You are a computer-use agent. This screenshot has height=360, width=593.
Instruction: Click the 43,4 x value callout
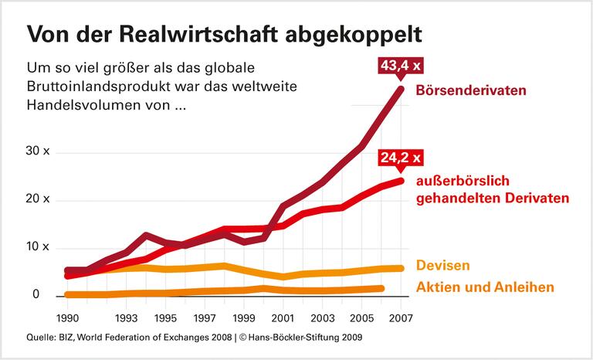pos(400,66)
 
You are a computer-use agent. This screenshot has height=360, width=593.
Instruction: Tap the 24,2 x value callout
pos(400,158)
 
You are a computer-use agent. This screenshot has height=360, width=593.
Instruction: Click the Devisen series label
pos(442,266)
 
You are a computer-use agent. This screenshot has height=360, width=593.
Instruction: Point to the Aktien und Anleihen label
pos(485,287)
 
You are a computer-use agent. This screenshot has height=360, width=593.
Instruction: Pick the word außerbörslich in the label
pos(460,182)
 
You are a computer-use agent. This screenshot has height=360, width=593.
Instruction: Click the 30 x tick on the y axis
pos(38,151)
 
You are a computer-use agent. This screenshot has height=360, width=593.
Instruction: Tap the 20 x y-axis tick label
pos(38,199)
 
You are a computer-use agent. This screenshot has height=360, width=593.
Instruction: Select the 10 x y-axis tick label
pos(38,247)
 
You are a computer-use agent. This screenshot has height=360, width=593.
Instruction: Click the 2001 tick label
pos(284,318)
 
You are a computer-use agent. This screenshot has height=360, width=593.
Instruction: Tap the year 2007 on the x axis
pos(401,318)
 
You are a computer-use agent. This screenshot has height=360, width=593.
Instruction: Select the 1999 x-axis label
pos(245,318)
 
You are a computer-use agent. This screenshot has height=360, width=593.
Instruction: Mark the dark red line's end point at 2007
pos(401,89)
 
